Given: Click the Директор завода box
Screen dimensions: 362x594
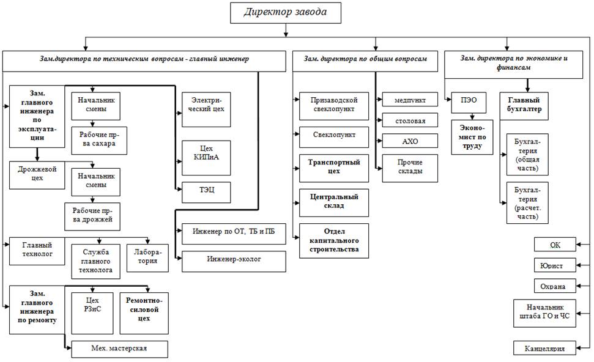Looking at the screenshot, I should coord(284,12).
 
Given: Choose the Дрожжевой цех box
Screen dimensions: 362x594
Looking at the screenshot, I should coord(37,174).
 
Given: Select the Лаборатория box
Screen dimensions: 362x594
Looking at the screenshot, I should coord(147,255).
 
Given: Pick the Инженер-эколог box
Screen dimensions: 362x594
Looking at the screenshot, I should coord(234,260).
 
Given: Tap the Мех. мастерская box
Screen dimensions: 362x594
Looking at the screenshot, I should coord(119,350).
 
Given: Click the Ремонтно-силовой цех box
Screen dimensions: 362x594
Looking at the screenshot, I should coord(143,309).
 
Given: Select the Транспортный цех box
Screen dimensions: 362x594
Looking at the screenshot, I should coord(334,167).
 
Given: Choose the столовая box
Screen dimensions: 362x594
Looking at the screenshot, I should coord(410,120).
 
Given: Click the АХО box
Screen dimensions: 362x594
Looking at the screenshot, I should coord(410,141).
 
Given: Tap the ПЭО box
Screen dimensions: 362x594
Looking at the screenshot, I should coord(469,103).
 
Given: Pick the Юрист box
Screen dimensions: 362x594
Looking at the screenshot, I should coord(554,266).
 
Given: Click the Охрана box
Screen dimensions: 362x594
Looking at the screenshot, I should coord(554,286).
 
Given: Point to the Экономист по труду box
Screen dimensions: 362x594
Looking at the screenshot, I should coord(472,137).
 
